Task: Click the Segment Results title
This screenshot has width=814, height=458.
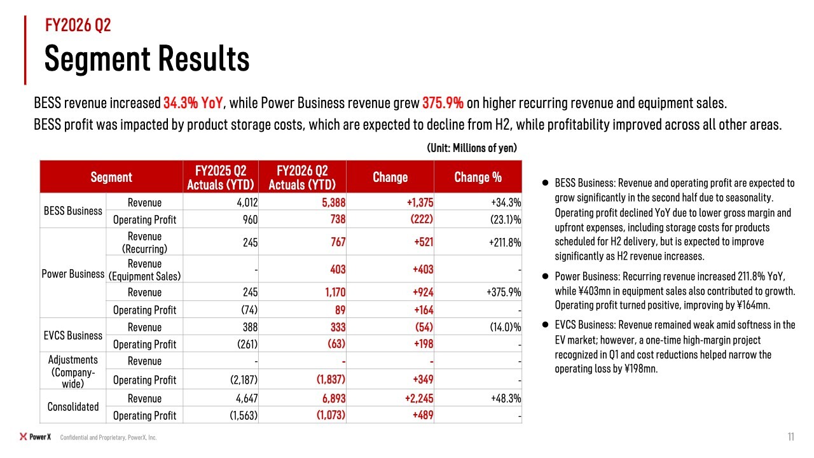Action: pyautogui.click(x=147, y=59)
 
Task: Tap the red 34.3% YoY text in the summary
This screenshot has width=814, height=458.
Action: pyautogui.click(x=193, y=103)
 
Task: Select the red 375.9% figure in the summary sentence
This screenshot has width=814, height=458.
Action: pyautogui.click(x=443, y=103)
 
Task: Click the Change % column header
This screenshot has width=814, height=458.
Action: pyautogui.click(x=478, y=177)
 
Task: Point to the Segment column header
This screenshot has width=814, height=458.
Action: pyautogui.click(x=111, y=177)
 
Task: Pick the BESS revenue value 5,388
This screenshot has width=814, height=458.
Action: pyautogui.click(x=334, y=202)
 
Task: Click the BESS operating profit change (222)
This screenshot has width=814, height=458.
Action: pyautogui.click(x=422, y=219)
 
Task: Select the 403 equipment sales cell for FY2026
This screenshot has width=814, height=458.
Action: pyautogui.click(x=338, y=269)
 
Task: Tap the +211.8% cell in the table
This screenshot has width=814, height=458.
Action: pyautogui.click(x=505, y=242)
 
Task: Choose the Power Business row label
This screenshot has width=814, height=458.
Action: pyautogui.click(x=73, y=274)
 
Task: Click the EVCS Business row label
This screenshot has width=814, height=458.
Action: pyautogui.click(x=73, y=335)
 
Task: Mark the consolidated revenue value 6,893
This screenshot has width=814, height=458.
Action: pyautogui.click(x=334, y=398)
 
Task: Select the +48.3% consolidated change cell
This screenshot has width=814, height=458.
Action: pyautogui.click(x=506, y=398)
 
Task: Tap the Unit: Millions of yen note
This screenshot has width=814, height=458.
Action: pyautogui.click(x=472, y=148)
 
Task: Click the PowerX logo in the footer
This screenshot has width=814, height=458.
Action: pyautogui.click(x=35, y=436)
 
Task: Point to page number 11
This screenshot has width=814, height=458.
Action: pyautogui.click(x=791, y=436)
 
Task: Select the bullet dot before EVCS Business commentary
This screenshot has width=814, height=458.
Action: pyautogui.click(x=545, y=324)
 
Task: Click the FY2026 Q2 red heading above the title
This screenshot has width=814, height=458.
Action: pyautogui.click(x=78, y=25)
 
